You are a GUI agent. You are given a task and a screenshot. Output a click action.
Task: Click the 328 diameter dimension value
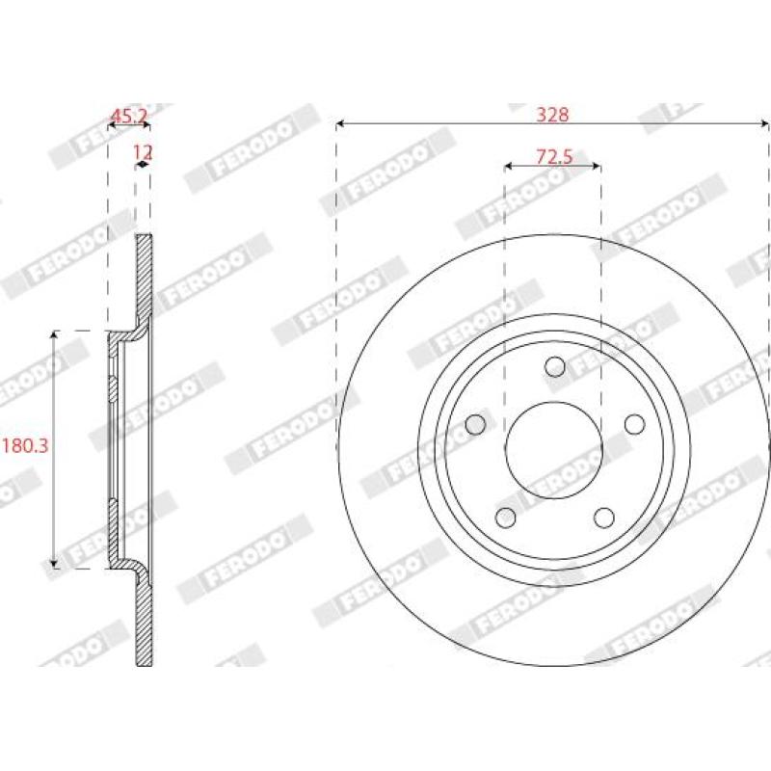552,115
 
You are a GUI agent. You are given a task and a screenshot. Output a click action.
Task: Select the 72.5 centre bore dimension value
554,157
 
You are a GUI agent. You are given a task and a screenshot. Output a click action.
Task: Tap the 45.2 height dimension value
129,116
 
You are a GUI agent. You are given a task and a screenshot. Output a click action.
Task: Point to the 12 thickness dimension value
143,152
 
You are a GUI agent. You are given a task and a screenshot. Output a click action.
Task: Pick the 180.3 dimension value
26,446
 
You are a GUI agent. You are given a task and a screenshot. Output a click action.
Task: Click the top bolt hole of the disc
555,366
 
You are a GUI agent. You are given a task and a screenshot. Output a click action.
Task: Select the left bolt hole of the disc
475,424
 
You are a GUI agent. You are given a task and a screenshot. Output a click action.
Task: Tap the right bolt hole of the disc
635,424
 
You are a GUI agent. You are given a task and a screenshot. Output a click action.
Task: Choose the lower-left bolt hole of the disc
505,518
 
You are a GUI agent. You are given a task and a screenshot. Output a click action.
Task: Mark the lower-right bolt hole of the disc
604,518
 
